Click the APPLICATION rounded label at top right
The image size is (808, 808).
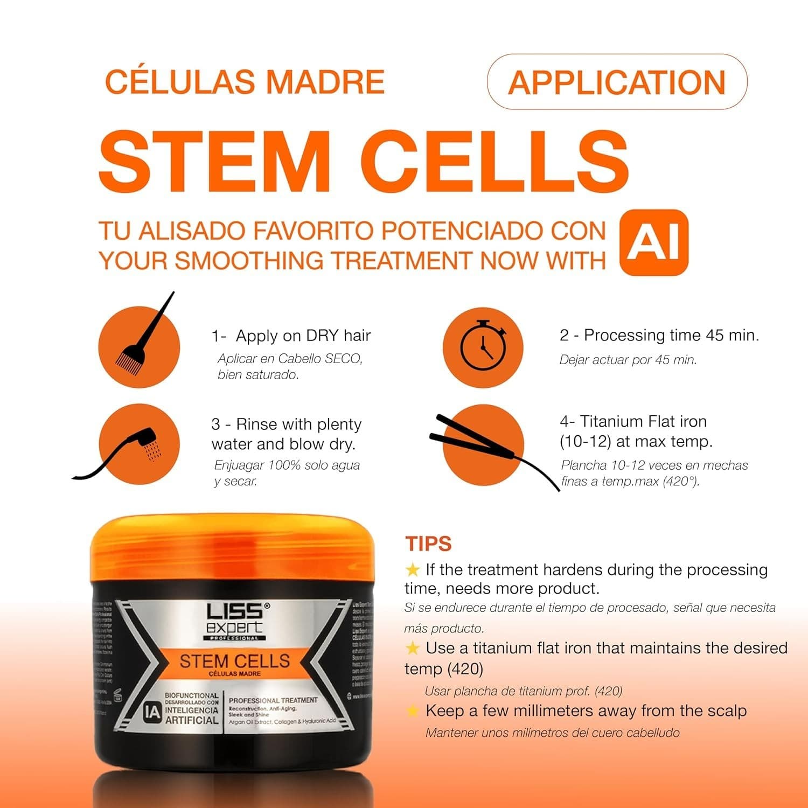pyautogui.click(x=617, y=82)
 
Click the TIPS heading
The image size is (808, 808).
pyautogui.click(x=428, y=544)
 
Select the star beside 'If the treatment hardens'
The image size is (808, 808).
pyautogui.click(x=412, y=569)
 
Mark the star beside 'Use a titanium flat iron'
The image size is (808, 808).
pyautogui.click(x=412, y=647)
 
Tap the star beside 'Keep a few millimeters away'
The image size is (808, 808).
pyautogui.click(x=412, y=711)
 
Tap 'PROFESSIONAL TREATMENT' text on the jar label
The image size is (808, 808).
pyautogui.click(x=273, y=700)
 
